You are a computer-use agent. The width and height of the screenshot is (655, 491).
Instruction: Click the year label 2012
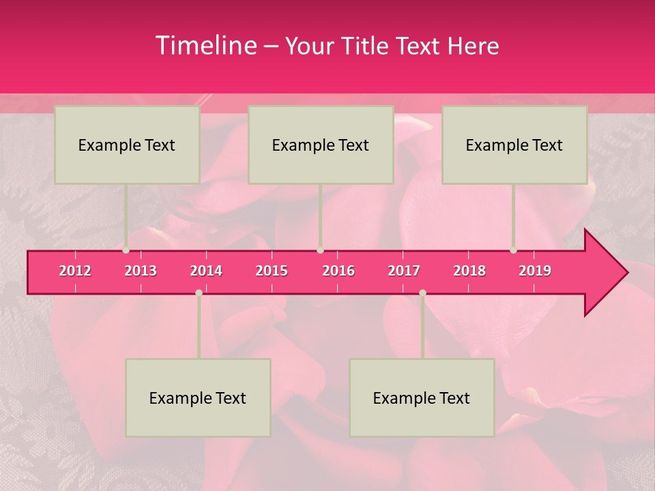[75, 271]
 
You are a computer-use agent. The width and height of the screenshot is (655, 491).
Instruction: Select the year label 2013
[141, 271]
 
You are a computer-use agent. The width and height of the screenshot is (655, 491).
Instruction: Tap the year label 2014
[206, 271]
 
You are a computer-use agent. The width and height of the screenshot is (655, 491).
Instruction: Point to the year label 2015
[272, 271]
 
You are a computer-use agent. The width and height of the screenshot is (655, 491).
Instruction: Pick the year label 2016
[338, 271]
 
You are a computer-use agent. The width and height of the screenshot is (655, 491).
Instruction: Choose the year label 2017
[404, 271]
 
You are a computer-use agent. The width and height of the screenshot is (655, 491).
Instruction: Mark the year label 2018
[469, 271]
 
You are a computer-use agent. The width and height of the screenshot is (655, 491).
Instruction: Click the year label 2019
[535, 271]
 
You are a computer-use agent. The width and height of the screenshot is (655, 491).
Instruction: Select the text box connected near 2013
[127, 145]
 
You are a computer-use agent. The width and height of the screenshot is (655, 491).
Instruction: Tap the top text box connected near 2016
[321, 145]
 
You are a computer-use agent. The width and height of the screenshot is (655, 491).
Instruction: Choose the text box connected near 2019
[514, 145]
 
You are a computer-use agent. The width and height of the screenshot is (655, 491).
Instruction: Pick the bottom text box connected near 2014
[198, 398]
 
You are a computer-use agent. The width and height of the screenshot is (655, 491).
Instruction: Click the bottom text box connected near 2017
[422, 398]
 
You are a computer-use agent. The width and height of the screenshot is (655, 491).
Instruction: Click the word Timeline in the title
[205, 46]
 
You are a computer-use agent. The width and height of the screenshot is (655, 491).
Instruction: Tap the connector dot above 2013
[126, 250]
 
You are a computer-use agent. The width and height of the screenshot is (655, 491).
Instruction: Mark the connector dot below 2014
[199, 293]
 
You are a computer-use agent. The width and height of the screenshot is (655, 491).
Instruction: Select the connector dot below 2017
[422, 293]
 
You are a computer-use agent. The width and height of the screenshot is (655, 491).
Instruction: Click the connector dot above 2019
[514, 250]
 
